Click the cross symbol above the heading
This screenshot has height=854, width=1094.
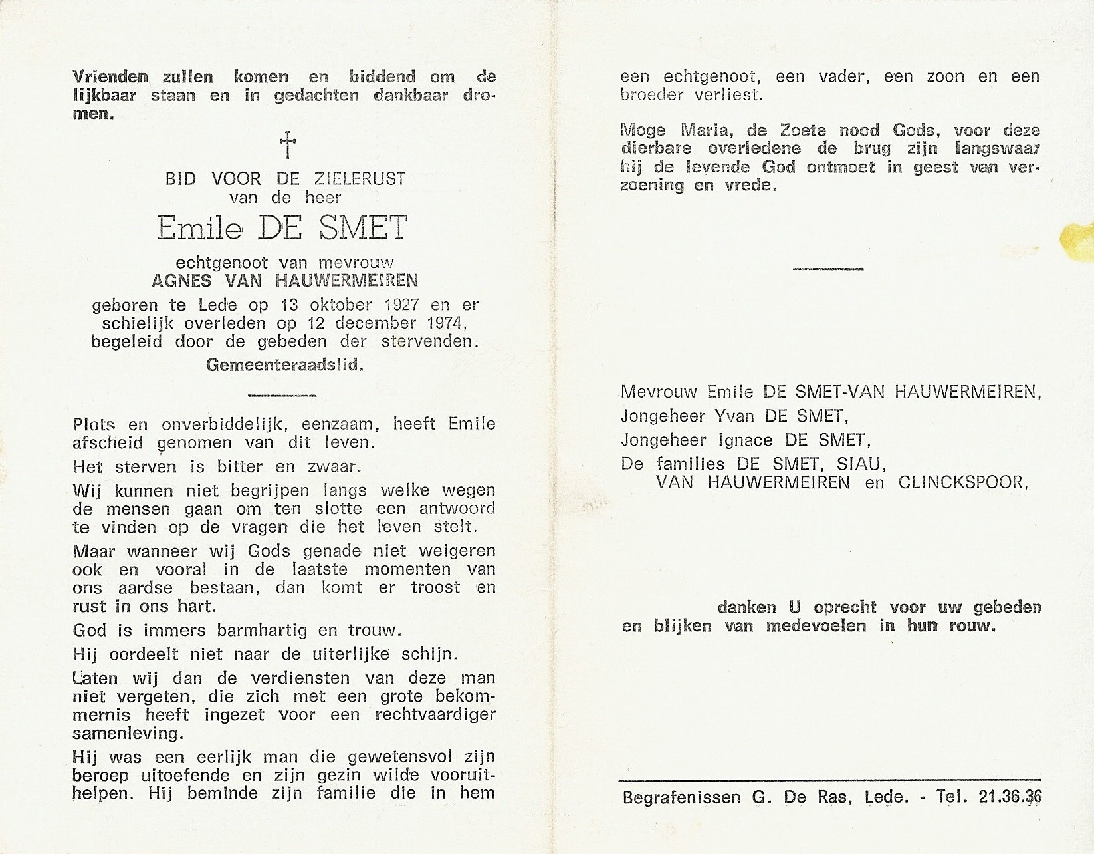point(287,144)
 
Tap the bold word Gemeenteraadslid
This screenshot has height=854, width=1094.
point(284,365)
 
